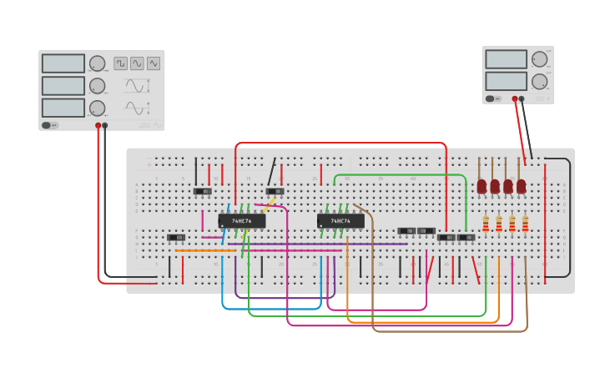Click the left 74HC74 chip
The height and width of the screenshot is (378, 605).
click(x=242, y=221)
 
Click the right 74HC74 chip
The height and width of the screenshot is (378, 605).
click(x=340, y=221)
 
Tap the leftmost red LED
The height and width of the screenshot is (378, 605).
click(x=481, y=186)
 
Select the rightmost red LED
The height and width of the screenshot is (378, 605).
click(x=521, y=186)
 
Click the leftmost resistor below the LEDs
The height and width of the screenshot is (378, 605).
click(x=486, y=224)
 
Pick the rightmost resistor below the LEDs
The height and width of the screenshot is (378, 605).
click(x=525, y=224)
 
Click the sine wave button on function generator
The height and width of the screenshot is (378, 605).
click(x=137, y=63)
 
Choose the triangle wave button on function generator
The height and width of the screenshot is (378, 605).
click(x=154, y=63)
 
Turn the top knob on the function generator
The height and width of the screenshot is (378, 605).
click(x=98, y=63)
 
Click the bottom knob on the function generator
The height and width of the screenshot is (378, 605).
click(x=98, y=108)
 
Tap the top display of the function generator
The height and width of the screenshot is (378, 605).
click(x=63, y=63)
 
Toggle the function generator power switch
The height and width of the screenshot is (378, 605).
click(x=49, y=125)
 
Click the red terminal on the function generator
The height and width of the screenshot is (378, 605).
click(x=98, y=125)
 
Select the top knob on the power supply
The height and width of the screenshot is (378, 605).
click(x=539, y=59)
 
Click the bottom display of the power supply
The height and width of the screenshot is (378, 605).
click(x=506, y=81)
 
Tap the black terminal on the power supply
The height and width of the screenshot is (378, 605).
click(x=522, y=98)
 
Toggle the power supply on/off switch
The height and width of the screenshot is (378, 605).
click(x=492, y=98)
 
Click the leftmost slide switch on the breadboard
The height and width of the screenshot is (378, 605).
click(x=176, y=238)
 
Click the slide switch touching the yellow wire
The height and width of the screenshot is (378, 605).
click(x=275, y=191)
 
